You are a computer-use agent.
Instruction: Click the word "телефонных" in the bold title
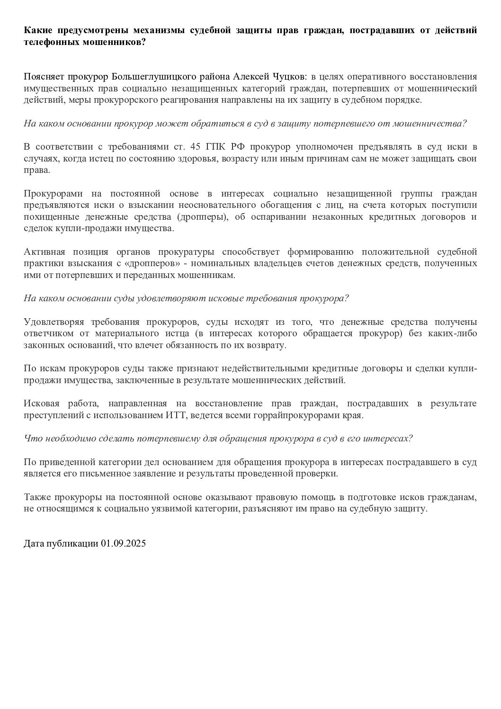pos(47,41)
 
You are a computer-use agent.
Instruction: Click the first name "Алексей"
pos(252,77)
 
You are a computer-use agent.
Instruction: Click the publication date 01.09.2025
pos(123,544)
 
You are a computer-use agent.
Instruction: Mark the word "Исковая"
pos(42,404)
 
